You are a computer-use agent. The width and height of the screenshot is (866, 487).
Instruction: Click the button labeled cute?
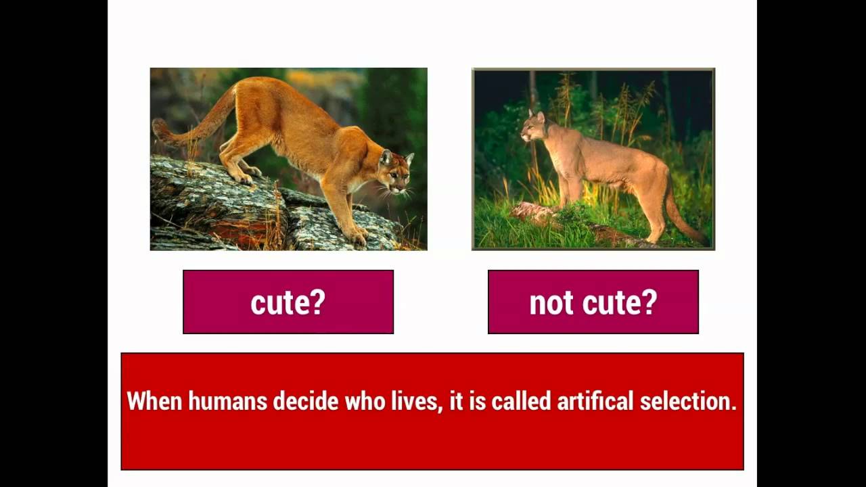(288, 302)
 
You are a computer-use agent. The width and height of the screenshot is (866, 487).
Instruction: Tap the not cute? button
(593, 302)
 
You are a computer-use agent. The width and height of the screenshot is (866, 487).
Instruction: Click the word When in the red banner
(154, 401)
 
